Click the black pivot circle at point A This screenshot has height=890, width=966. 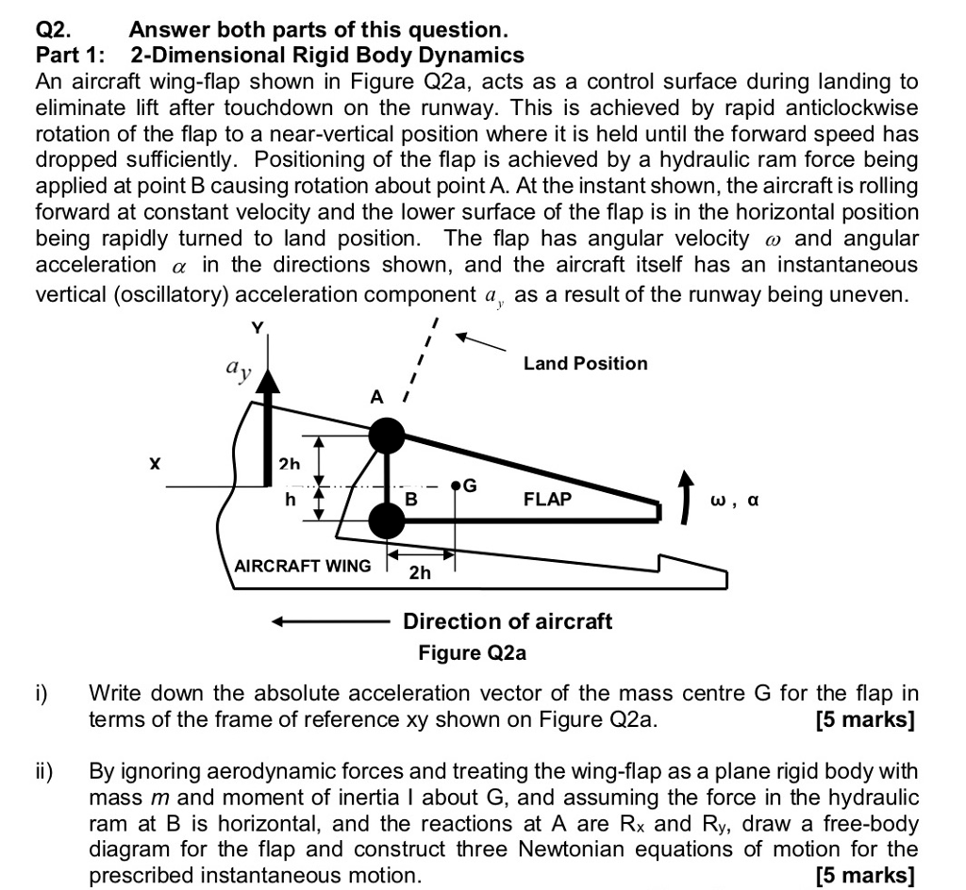coord(385,436)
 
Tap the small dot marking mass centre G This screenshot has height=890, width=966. coord(456,486)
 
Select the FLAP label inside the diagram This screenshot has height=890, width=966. coord(547,499)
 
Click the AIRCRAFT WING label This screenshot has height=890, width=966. coord(302,567)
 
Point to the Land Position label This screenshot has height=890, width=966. coord(585,364)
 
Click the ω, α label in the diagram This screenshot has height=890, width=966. coord(735,500)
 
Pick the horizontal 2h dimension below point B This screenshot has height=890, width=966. coord(420,572)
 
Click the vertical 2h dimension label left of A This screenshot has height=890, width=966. coord(289,464)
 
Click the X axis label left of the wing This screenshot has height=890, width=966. coord(155,463)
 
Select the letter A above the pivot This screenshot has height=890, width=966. coord(376,398)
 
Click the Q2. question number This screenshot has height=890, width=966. coord(55,30)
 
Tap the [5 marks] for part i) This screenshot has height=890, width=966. coord(865,720)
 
